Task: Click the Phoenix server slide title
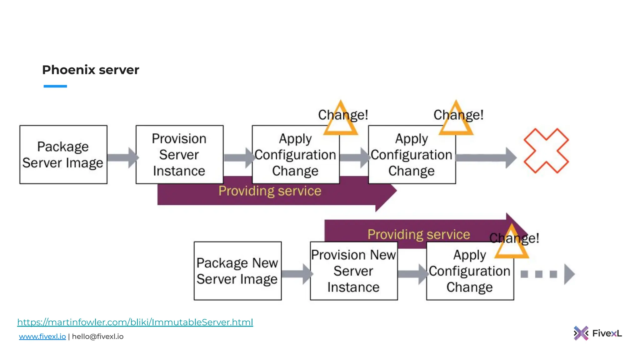pyautogui.click(x=91, y=70)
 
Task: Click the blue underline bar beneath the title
pyautogui.click(x=55, y=86)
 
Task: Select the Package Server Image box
pyautogui.click(x=63, y=155)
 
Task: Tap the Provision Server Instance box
pyautogui.click(x=179, y=155)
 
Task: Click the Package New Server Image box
pyautogui.click(x=237, y=271)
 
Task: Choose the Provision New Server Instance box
pyautogui.click(x=354, y=271)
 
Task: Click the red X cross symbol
pyautogui.click(x=546, y=151)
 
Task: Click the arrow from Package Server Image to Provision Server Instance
pyautogui.click(x=122, y=157)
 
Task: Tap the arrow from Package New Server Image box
pyautogui.click(x=296, y=274)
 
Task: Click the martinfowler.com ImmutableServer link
pyautogui.click(x=135, y=322)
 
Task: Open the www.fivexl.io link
pyautogui.click(x=42, y=337)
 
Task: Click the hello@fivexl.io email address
pyautogui.click(x=97, y=337)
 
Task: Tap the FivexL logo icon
pyautogui.click(x=581, y=333)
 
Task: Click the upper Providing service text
pyautogui.click(x=270, y=191)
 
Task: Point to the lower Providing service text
pyautogui.click(x=418, y=234)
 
